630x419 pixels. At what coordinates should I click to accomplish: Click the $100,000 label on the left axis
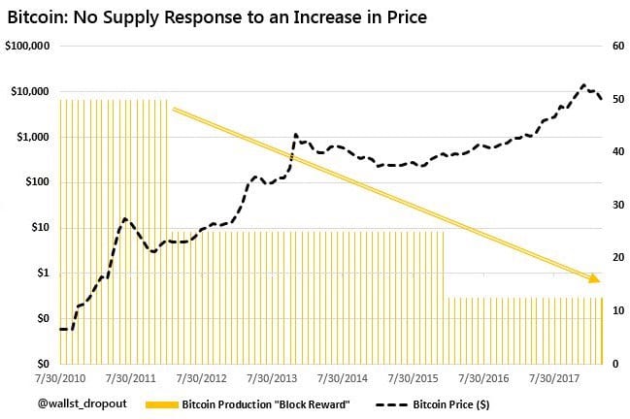point(27,46)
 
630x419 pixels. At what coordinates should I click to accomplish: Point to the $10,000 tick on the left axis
point(30,91)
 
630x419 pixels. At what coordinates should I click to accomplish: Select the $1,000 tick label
point(33,137)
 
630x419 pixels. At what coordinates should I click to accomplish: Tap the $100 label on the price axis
point(37,182)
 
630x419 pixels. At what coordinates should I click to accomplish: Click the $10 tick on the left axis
point(40,228)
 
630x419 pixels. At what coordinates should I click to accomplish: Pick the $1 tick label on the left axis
point(43,273)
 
